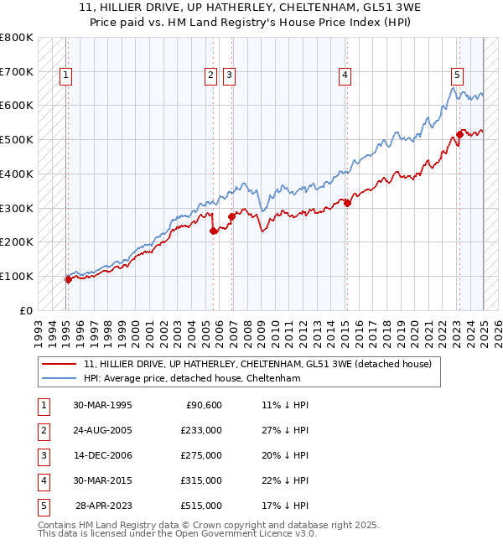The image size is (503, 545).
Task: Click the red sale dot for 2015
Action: coord(347,202)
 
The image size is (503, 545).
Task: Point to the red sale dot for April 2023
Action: coord(459,133)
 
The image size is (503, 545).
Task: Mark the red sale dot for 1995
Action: coord(68,279)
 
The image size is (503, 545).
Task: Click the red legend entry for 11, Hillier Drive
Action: coord(257,364)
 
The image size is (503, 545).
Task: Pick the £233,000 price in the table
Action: coord(201,430)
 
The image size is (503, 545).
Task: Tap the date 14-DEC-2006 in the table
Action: coord(102,455)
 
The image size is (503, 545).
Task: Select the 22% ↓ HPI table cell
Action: coord(285,480)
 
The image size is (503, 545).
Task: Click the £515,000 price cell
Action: coord(201,506)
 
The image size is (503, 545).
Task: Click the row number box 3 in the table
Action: coord(42,455)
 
